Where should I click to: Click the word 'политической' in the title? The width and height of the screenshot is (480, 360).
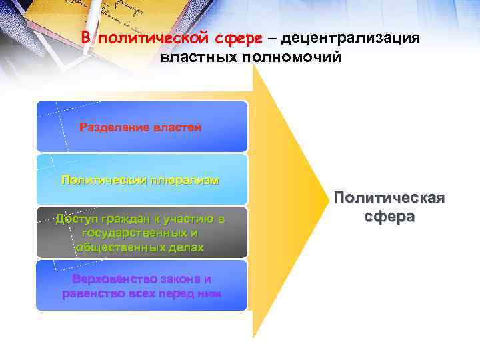point(148,38)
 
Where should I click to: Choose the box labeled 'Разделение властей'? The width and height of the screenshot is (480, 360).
point(141,127)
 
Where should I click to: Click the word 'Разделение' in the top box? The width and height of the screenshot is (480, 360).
point(111,127)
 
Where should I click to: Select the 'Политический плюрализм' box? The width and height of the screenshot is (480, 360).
point(141,179)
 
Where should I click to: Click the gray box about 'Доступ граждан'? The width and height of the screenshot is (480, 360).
point(141,233)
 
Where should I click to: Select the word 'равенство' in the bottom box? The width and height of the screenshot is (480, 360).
point(90,293)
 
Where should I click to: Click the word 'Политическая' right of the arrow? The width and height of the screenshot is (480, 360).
point(389,199)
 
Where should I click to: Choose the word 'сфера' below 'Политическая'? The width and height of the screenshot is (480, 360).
point(389,217)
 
